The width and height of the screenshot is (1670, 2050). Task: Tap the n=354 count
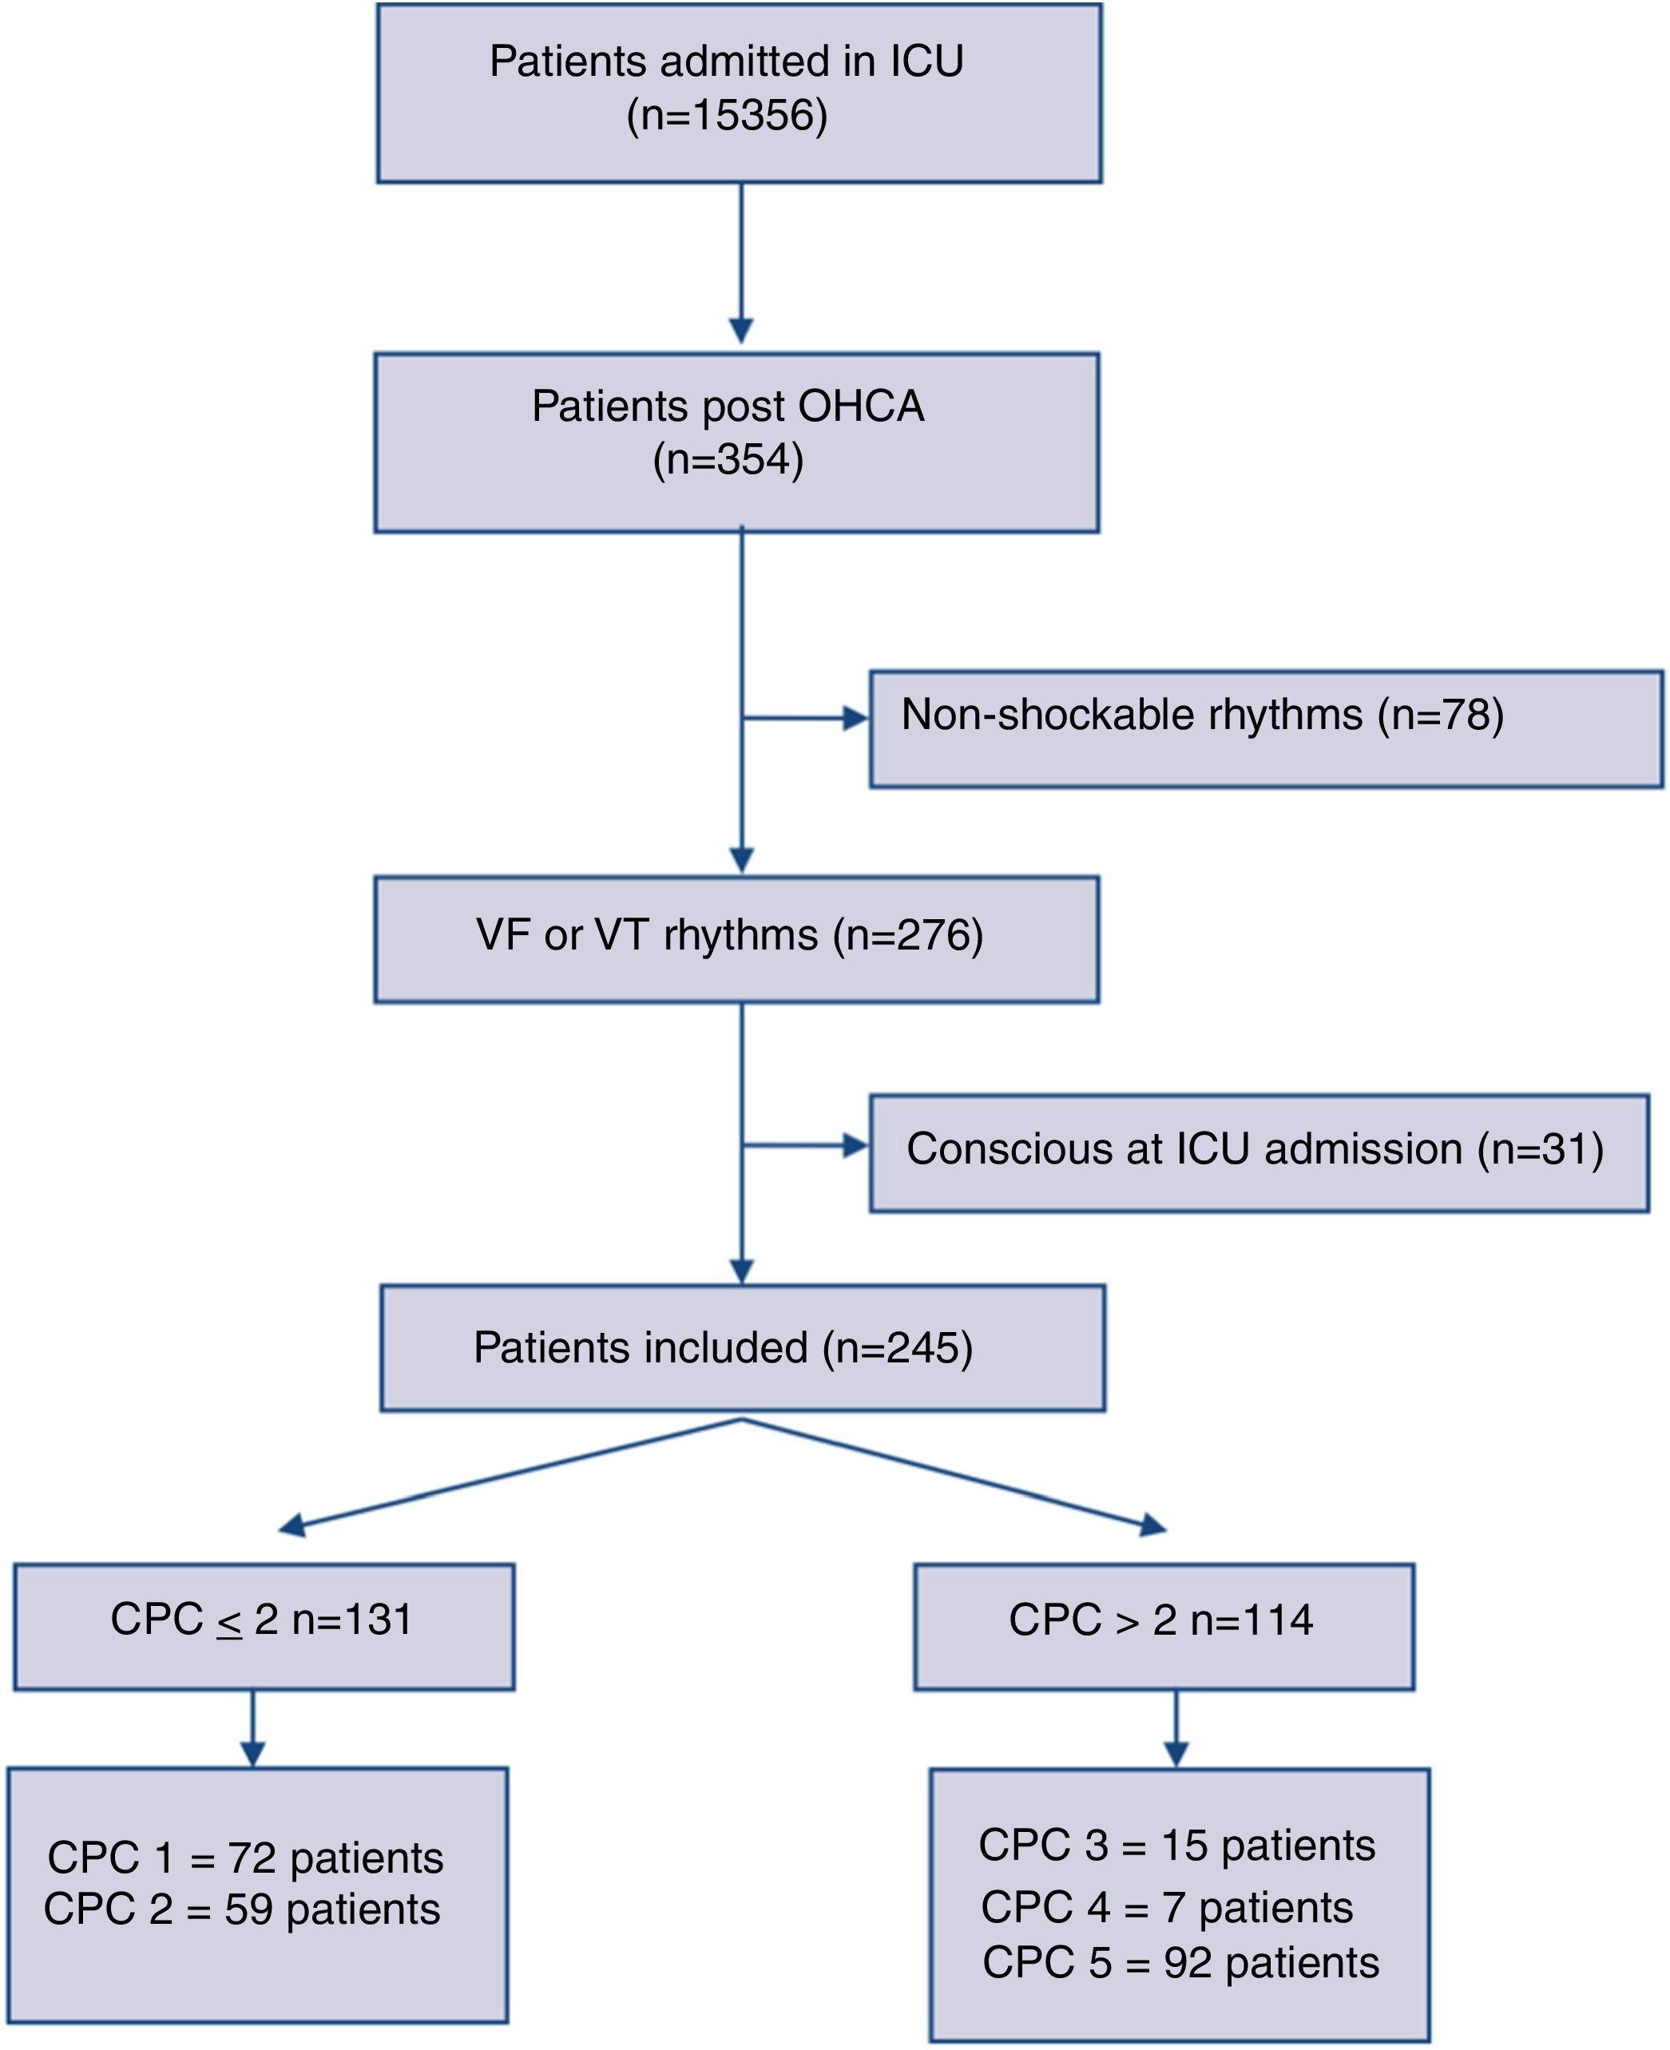click(x=728, y=460)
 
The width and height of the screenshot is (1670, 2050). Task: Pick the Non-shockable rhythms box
click(x=1266, y=730)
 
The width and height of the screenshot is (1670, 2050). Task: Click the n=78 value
click(x=1440, y=716)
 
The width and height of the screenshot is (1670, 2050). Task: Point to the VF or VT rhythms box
click(x=737, y=939)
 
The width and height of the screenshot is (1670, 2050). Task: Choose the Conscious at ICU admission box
click(x=1259, y=1152)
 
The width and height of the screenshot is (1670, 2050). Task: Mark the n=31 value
click(x=1540, y=1149)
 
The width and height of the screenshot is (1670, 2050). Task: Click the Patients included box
click(x=743, y=1348)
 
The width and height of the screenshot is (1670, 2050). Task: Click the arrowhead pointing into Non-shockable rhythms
click(x=855, y=719)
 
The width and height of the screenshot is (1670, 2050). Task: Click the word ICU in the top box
click(x=926, y=62)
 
